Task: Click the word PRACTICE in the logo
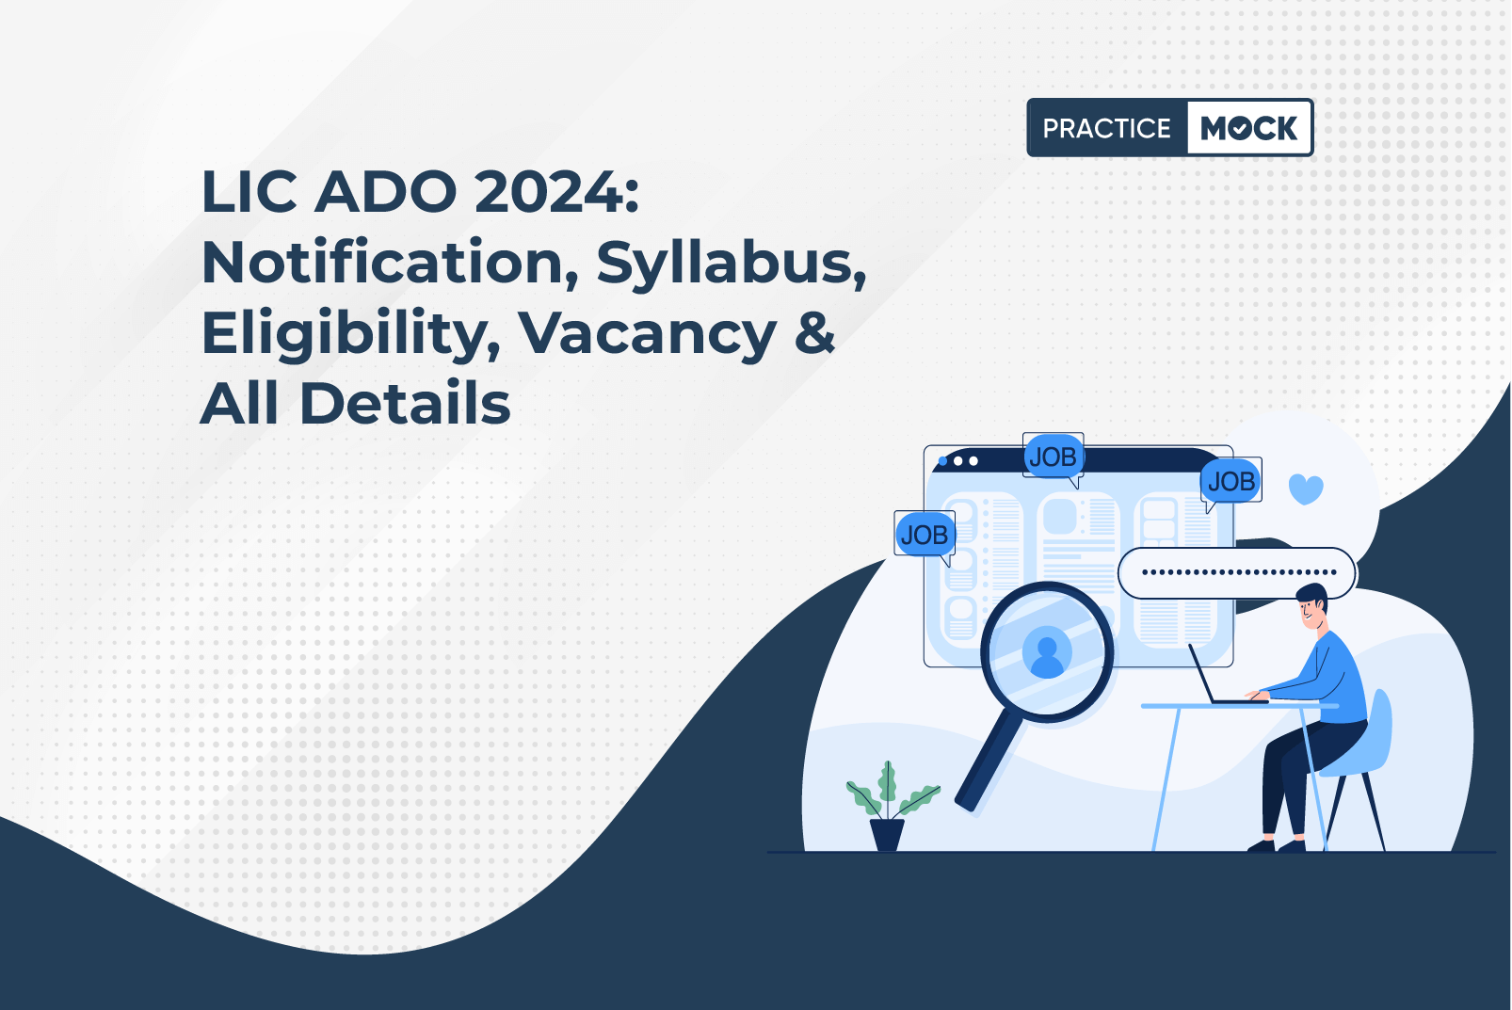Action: pyautogui.click(x=1106, y=128)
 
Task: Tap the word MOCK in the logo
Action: pyautogui.click(x=1248, y=128)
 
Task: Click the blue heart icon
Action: pyautogui.click(x=1306, y=489)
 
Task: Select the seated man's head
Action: pyautogui.click(x=1312, y=606)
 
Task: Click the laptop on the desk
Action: pyautogui.click(x=1221, y=677)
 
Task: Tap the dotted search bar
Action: pyautogui.click(x=1236, y=573)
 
